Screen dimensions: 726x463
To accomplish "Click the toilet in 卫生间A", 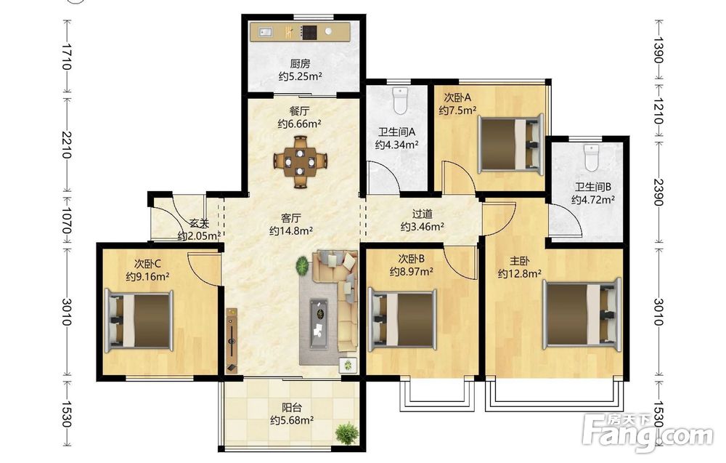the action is pyautogui.click(x=399, y=101).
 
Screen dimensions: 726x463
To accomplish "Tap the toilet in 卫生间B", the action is pyautogui.click(x=591, y=158).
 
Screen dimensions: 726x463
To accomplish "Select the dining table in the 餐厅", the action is pyautogui.click(x=301, y=162).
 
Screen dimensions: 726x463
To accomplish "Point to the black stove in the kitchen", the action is pyautogui.click(x=309, y=32).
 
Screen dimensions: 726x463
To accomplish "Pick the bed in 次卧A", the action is pyautogui.click(x=510, y=145).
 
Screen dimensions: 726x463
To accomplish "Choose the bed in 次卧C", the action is pyautogui.click(x=139, y=320).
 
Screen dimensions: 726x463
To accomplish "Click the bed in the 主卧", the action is pyautogui.click(x=582, y=314).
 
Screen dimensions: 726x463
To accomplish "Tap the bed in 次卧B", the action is pyautogui.click(x=402, y=319).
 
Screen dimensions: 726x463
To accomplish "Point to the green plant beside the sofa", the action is pyautogui.click(x=302, y=266).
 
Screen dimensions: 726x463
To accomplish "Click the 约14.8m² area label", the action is pyautogui.click(x=291, y=230).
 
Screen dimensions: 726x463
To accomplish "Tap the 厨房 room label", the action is pyautogui.click(x=300, y=63).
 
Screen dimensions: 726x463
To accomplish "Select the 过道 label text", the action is pyautogui.click(x=423, y=214).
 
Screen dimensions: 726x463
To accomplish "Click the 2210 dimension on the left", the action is pyautogui.click(x=67, y=145).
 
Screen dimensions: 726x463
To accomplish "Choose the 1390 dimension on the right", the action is pyautogui.click(x=659, y=50).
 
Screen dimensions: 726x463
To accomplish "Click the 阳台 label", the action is pyautogui.click(x=292, y=408).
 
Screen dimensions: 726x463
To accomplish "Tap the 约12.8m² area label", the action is pyautogui.click(x=520, y=274).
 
